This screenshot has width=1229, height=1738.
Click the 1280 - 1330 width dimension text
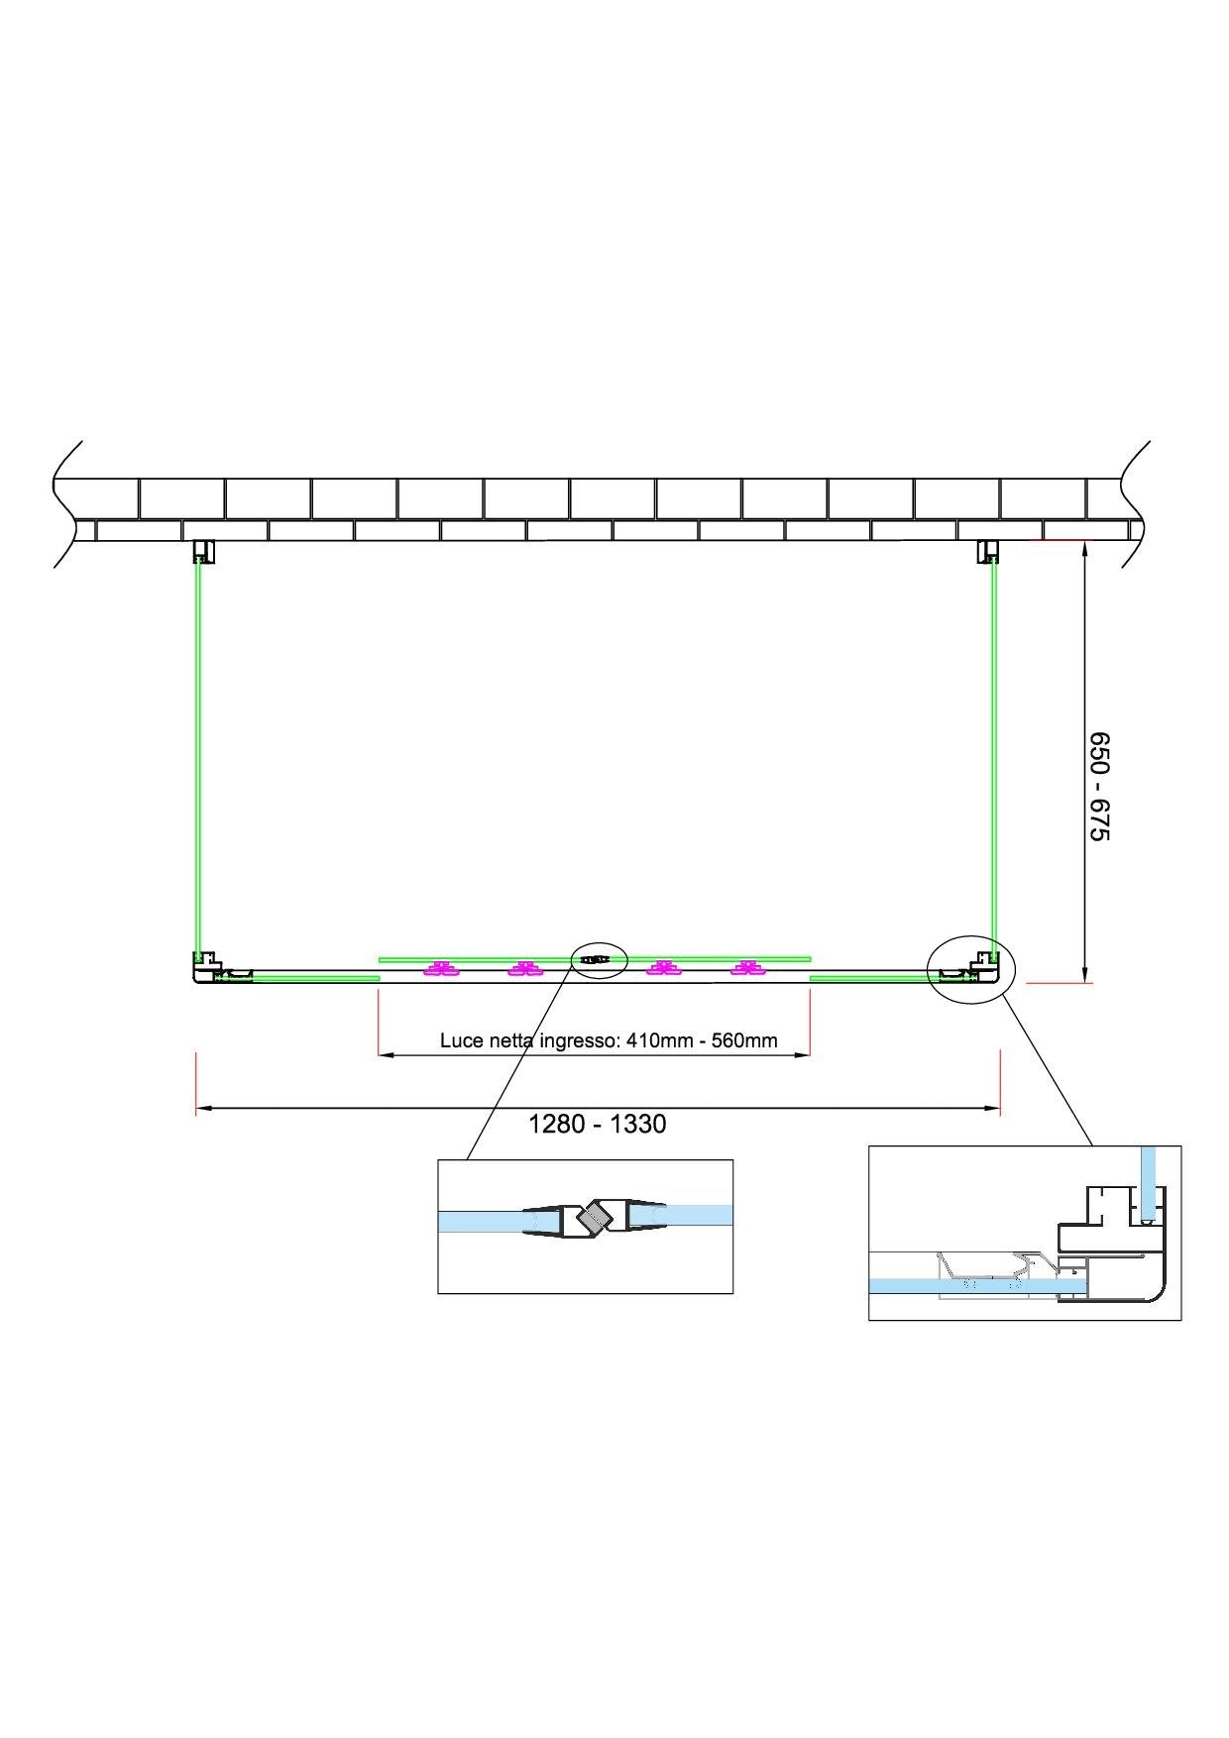coord(598,1124)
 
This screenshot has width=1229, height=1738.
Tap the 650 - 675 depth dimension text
coord(1100,787)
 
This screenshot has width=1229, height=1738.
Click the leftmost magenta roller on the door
coord(439,969)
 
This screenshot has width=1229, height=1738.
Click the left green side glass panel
coord(199,758)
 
